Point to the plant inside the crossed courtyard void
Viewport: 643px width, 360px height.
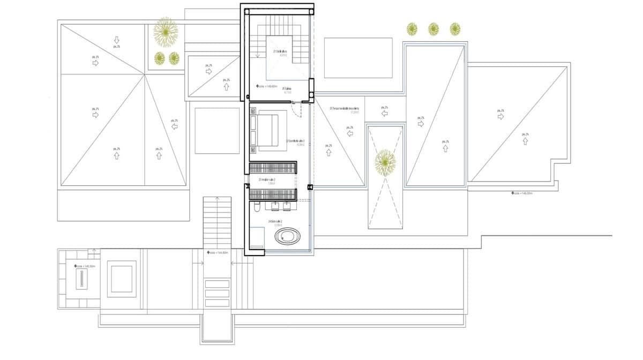pyautogui.click(x=385, y=163)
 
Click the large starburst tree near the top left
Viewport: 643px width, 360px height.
pyautogui.click(x=165, y=32)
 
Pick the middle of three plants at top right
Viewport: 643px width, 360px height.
pyautogui.click(x=433, y=28)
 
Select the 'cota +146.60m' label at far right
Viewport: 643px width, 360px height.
pyautogui.click(x=522, y=193)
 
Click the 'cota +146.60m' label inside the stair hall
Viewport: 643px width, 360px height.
pyautogui.click(x=268, y=86)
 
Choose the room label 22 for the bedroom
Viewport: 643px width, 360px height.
pyautogui.click(x=296, y=142)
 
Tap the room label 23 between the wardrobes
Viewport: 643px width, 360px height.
pyautogui.click(x=266, y=181)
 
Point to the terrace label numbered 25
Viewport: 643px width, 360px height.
pyautogui.click(x=344, y=109)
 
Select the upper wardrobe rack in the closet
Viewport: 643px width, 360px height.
pyautogui.click(x=273, y=168)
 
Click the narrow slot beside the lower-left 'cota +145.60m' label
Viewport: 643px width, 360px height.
pyautogui.click(x=81, y=279)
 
